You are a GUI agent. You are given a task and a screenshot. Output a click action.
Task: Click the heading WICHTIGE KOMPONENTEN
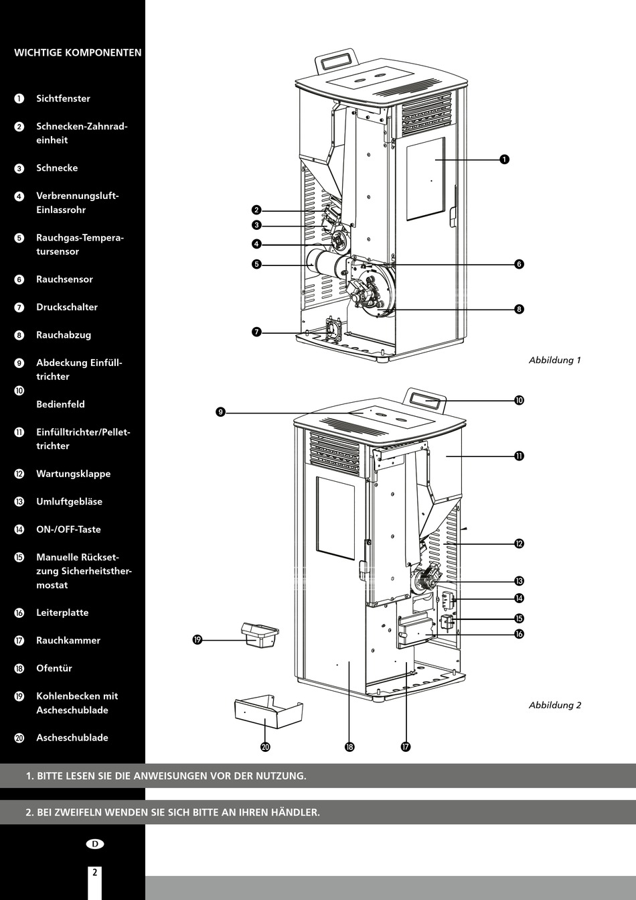click(x=78, y=52)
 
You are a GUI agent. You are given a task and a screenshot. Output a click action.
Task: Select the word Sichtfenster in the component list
click(x=63, y=99)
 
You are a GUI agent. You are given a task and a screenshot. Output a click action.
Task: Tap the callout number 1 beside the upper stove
click(x=504, y=159)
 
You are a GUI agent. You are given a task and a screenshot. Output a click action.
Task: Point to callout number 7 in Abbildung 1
click(x=256, y=332)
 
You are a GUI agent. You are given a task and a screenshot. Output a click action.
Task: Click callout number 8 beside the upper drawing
click(x=519, y=309)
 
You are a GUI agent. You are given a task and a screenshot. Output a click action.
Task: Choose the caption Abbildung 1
click(x=554, y=360)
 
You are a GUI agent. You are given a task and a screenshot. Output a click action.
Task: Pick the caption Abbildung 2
click(x=554, y=705)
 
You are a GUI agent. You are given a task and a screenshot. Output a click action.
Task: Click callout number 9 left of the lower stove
click(x=221, y=411)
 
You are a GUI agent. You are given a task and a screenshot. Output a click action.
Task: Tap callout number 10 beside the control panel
click(x=519, y=400)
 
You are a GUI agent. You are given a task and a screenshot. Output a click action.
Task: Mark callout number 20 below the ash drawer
click(x=265, y=747)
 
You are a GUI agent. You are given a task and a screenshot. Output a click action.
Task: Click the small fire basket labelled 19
click(x=260, y=635)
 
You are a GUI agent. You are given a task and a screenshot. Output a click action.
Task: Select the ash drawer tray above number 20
click(x=268, y=712)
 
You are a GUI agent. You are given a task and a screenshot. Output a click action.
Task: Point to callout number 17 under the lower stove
click(x=406, y=747)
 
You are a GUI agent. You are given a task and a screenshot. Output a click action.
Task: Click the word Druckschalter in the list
click(x=67, y=307)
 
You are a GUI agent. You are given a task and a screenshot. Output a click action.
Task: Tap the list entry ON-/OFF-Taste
click(x=68, y=529)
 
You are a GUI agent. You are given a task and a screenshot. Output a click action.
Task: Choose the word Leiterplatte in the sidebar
click(x=62, y=613)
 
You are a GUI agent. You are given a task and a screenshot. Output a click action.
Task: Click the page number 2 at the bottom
click(x=94, y=873)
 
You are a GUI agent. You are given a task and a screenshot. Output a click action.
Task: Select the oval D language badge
click(x=95, y=844)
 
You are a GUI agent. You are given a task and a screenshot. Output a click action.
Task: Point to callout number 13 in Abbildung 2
click(x=519, y=581)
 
